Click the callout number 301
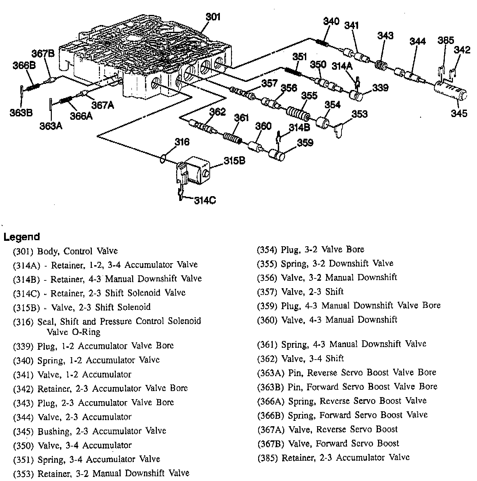click(x=213, y=17)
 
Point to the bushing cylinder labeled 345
click(x=451, y=91)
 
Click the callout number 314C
click(x=205, y=201)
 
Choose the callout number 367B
click(x=43, y=53)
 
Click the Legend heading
click(x=22, y=237)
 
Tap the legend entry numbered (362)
click(x=300, y=358)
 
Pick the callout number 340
click(x=331, y=21)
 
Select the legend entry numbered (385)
click(x=333, y=458)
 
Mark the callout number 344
click(x=417, y=41)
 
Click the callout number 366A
click(x=81, y=116)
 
